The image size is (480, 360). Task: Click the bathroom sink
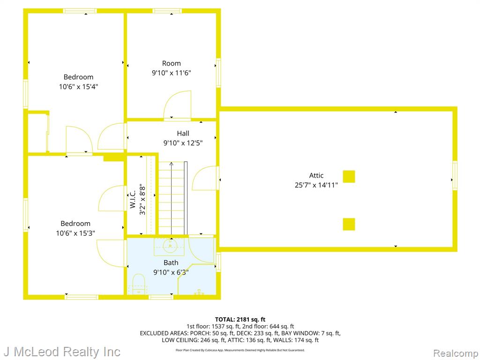tap(169, 246)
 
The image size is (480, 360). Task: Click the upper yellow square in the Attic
tap(349, 177)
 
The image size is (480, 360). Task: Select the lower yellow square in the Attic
tap(349, 224)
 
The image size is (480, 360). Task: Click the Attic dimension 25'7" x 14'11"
tap(316, 185)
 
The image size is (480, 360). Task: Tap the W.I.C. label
tap(133, 199)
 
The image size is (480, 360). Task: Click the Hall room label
tap(183, 133)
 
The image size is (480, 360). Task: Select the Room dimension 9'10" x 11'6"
tap(172, 73)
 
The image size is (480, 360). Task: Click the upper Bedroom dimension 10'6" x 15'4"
tap(78, 87)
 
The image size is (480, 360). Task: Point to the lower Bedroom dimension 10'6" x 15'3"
tap(75, 233)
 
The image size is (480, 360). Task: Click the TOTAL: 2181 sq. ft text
tap(240, 320)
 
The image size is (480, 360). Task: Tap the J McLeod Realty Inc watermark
tap(62, 352)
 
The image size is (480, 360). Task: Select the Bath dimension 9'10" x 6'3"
tap(171, 272)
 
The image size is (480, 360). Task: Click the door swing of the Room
tap(178, 105)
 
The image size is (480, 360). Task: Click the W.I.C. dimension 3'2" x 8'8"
tap(142, 199)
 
